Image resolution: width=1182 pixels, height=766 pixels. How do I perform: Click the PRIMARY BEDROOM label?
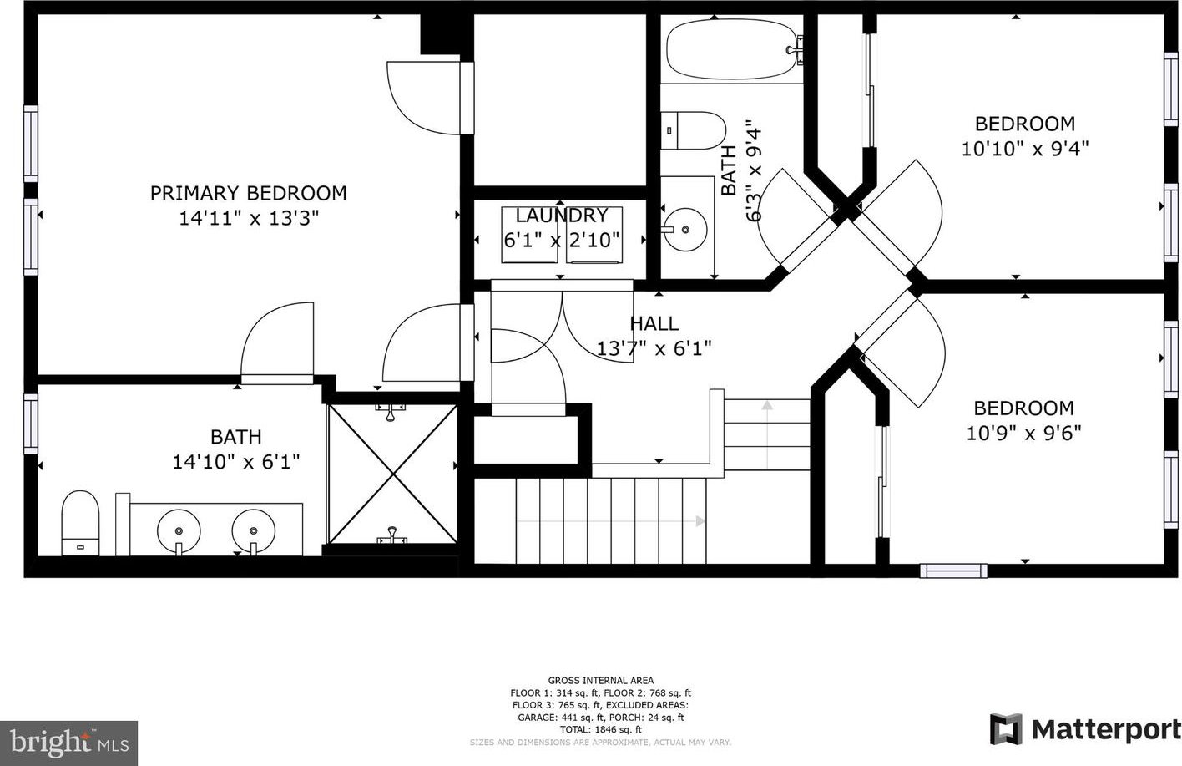point(249,193)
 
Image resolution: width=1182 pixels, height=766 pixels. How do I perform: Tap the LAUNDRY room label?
point(562,216)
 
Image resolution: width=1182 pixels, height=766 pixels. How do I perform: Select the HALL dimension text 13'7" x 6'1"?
point(654,348)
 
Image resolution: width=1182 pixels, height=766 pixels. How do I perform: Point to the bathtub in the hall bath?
point(735,49)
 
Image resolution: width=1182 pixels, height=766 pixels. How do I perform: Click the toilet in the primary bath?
point(80,523)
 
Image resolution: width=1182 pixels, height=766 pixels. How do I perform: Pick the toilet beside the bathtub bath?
point(693,130)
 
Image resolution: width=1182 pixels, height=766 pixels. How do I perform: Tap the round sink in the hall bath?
point(685,230)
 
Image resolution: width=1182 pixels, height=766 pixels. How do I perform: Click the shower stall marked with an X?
point(392,474)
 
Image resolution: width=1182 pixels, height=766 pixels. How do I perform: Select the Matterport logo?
point(1085,729)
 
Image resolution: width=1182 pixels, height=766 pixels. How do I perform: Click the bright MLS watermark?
point(69,743)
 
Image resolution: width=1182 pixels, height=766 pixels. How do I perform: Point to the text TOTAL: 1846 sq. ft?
point(600,730)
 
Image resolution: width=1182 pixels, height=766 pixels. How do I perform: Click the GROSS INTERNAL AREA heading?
point(600,681)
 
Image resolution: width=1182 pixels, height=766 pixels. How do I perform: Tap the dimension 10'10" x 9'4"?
point(1025,149)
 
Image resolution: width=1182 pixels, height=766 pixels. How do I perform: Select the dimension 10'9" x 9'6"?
point(1023,434)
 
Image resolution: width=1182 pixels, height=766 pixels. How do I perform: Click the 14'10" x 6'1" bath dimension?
point(236,462)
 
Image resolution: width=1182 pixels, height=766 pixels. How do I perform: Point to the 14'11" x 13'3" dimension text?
point(249,218)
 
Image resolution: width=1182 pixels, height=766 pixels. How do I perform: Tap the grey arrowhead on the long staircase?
point(700,521)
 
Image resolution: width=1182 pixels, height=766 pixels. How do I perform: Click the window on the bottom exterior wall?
point(953,571)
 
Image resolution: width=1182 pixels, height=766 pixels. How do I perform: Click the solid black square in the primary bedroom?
point(439,33)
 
